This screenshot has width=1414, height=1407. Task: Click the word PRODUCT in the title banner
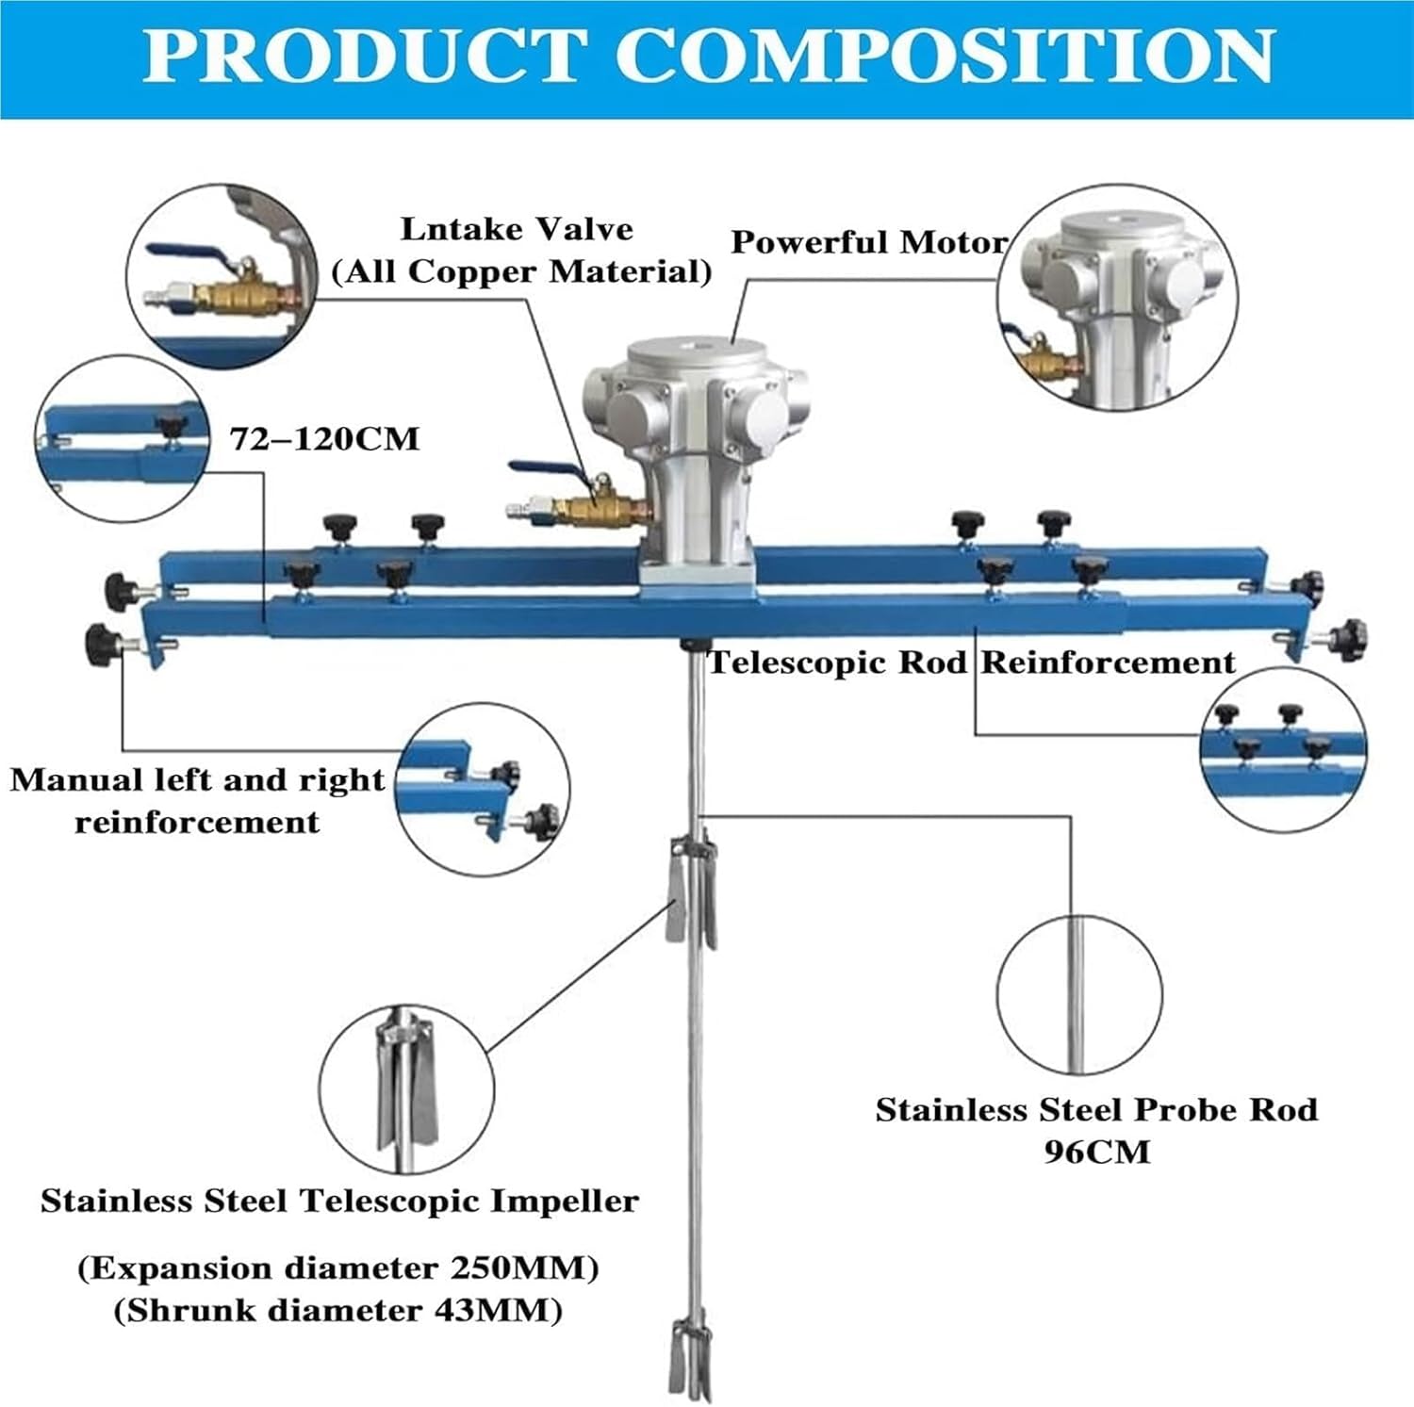tap(364, 57)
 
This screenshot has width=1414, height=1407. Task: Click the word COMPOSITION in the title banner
tap(945, 57)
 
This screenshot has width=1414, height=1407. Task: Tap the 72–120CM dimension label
tap(324, 439)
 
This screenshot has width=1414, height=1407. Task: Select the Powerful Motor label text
tap(868, 242)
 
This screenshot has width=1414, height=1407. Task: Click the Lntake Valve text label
tap(517, 229)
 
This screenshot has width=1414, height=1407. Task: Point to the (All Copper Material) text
tap(521, 271)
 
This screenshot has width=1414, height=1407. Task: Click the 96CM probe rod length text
tap(1096, 1152)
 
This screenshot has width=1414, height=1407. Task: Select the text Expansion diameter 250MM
tap(337, 1268)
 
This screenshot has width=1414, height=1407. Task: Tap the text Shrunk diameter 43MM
tap(337, 1311)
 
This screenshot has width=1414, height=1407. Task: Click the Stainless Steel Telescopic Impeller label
tap(339, 1202)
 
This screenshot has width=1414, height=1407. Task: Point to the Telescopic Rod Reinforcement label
tap(971, 663)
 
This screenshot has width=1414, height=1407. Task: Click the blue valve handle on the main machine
tap(545, 466)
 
